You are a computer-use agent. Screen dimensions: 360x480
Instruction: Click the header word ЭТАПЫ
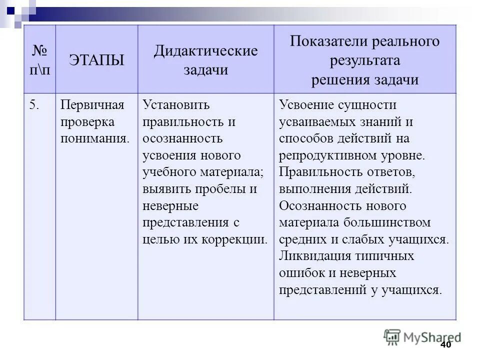tap(96, 60)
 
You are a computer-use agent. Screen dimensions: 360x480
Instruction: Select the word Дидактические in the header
tap(205, 51)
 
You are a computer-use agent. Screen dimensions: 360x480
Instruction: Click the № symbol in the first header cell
tap(39, 51)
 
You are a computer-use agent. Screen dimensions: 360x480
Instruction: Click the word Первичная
tap(91, 105)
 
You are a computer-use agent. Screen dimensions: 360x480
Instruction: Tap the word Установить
tap(176, 105)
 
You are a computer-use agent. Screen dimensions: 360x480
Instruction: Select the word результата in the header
tap(364, 61)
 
